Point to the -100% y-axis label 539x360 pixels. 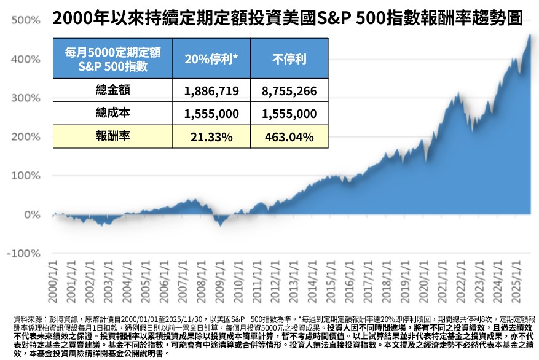23,253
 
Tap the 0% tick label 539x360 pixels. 31,214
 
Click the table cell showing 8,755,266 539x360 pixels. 289,92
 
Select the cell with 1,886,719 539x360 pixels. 211,92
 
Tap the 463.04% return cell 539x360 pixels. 289,136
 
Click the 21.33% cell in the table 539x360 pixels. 211,136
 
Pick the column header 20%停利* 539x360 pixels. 211,60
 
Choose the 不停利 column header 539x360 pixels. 289,60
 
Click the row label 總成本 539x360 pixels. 113,113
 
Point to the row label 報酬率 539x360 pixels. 113,136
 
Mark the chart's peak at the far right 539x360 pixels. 530,35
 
